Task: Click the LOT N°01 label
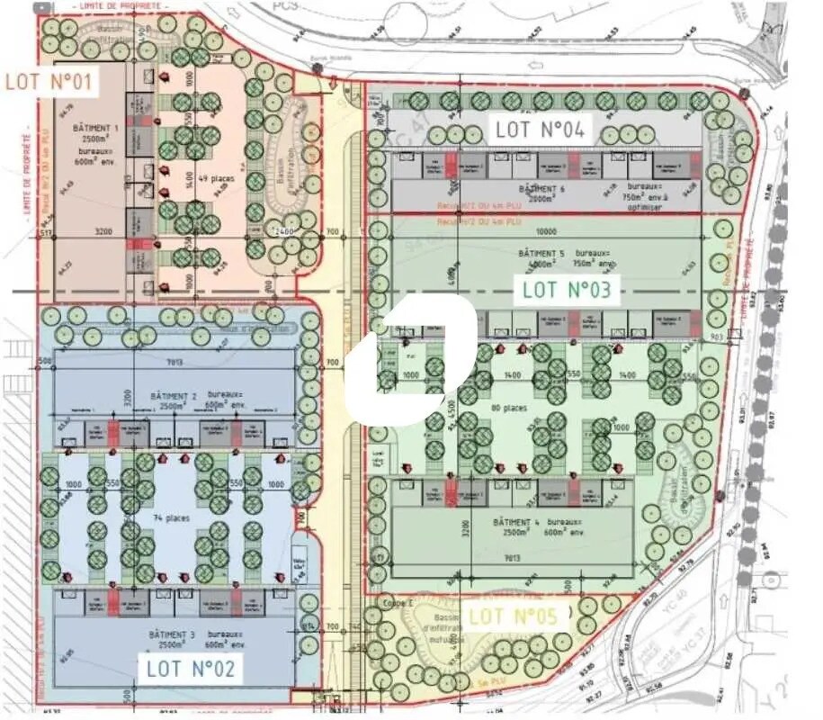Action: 49,81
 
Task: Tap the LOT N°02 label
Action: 191,668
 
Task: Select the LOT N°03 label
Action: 567,290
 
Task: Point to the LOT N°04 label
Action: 540,130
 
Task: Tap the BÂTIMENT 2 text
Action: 174,396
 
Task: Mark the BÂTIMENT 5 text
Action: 538,255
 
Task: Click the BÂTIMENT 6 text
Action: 541,190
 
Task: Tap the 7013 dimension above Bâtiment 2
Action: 174,363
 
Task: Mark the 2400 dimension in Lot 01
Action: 285,231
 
